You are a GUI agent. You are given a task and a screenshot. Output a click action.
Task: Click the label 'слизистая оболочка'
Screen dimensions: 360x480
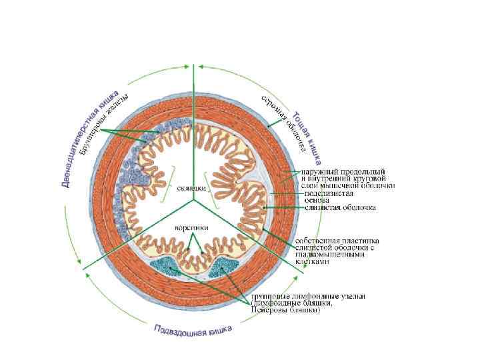[x=340, y=207]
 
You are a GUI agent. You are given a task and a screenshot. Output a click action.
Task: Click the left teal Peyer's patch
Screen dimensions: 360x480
[x=167, y=266]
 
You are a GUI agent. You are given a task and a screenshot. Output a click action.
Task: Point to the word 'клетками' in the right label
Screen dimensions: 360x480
[x=313, y=262]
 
